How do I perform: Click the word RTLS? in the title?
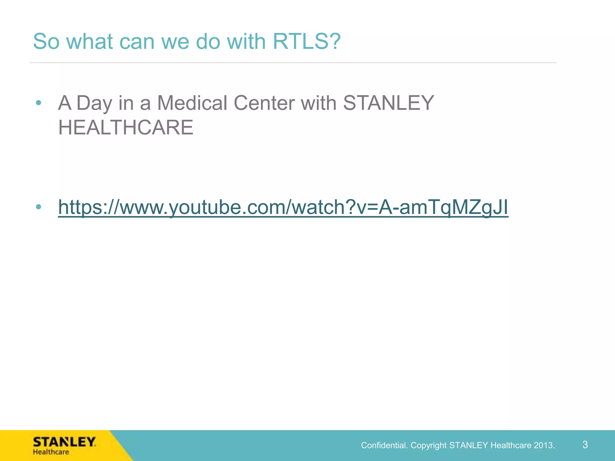click(x=307, y=41)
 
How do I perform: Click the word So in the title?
click(x=46, y=41)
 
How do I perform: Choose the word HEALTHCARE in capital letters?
click(x=126, y=128)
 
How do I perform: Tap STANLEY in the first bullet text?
click(x=389, y=103)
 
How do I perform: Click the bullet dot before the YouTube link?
click(x=38, y=207)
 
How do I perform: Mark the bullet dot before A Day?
click(x=38, y=103)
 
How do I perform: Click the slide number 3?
click(x=585, y=444)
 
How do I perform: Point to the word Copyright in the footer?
click(x=429, y=445)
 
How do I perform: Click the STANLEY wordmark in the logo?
click(x=64, y=442)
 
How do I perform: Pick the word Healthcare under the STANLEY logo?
click(x=51, y=452)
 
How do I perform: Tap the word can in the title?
click(x=137, y=41)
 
